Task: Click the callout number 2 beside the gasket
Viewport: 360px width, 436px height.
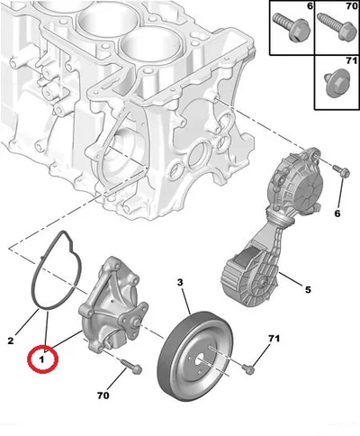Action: pos(11,341)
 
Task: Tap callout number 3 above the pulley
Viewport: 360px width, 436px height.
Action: pos(180,282)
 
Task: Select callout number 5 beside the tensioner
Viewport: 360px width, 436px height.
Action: pos(308,290)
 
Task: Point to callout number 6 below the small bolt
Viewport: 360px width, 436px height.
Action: pos(337,213)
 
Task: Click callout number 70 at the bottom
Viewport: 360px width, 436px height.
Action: pos(103,395)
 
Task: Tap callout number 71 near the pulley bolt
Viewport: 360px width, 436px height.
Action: pos(274,339)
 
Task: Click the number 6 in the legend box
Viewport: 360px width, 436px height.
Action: pos(310,5)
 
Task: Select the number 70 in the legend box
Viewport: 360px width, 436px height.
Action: pos(352,5)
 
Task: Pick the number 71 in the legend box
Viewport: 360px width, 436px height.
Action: pos(352,60)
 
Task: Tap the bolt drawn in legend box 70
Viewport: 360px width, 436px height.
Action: pos(334,26)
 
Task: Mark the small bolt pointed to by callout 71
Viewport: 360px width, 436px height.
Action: pos(248,368)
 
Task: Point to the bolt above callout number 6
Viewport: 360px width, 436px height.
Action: pos(341,171)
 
